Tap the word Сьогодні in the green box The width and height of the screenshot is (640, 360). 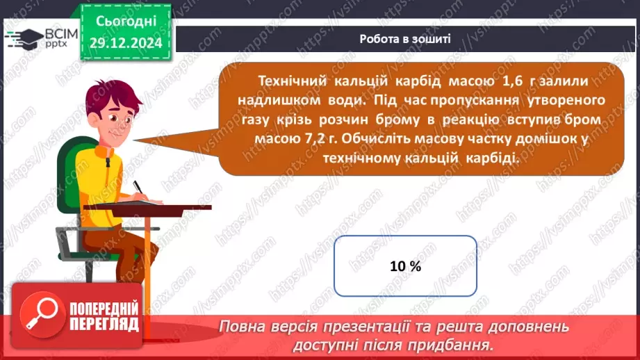click(x=126, y=24)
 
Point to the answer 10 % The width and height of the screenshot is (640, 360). click(x=405, y=266)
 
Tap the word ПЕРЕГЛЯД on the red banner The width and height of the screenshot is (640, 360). click(x=104, y=325)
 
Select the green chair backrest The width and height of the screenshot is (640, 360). click(x=69, y=167)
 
